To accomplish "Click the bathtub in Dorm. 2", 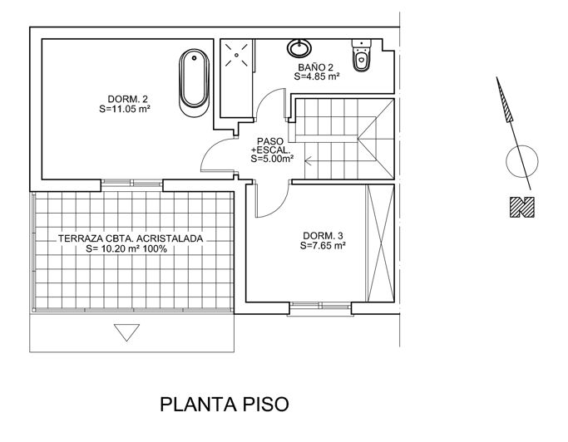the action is pos(194,83).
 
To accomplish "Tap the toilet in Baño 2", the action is pos(362,55).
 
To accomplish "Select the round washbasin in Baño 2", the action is pos(299,48).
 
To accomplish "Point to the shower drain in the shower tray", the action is pos(236,55).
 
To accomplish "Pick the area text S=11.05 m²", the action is pos(125,109).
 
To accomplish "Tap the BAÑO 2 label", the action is pos(315,67).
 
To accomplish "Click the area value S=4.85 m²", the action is pos(317,76).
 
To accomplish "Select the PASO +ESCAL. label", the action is pos(270,145).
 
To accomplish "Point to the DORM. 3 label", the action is pos(323,236).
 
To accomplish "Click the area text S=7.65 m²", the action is pos(323,245).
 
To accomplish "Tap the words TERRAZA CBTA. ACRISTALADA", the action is pos(131,239).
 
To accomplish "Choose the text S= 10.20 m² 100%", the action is pos(126,248).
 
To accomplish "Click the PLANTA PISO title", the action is pos(225,405).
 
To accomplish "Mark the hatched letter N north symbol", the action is pos(522,207).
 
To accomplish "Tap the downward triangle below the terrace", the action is pos(126,332).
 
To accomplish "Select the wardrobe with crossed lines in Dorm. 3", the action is pos(380,243).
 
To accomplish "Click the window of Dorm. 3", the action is pos(320,307).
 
